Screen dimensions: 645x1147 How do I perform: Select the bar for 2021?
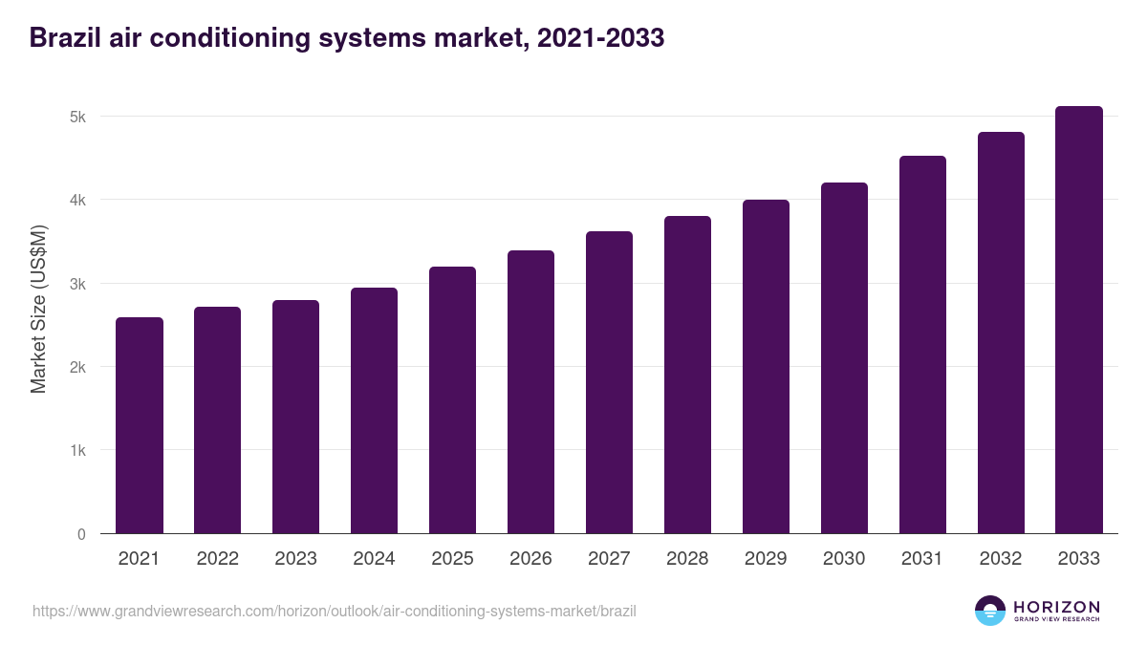(x=140, y=425)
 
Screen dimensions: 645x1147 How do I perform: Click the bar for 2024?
(x=374, y=411)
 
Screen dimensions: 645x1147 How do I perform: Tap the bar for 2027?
(x=609, y=382)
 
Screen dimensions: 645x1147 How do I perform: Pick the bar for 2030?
(x=844, y=358)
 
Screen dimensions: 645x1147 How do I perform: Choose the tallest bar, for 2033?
(x=1079, y=320)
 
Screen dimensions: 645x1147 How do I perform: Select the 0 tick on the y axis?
(x=81, y=534)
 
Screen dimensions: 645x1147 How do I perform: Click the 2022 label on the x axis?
(x=218, y=559)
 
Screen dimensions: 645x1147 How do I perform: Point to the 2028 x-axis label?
(x=687, y=559)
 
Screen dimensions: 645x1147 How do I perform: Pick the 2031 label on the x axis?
(x=922, y=559)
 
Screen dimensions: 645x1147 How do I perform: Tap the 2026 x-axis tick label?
(x=530, y=559)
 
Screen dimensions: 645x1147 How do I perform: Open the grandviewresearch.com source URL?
(x=335, y=611)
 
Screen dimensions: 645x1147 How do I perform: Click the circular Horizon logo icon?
(x=990, y=611)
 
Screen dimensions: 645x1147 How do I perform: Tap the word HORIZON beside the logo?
(x=1056, y=607)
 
